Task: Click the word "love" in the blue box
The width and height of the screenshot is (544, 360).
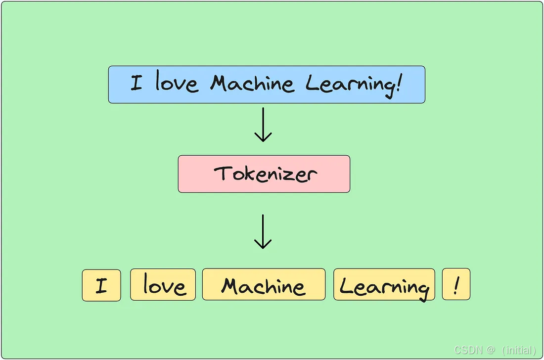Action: pyautogui.click(x=177, y=83)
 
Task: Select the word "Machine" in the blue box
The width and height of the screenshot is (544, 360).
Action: pyautogui.click(x=252, y=83)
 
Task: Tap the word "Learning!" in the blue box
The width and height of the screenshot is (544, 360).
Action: pyautogui.click(x=353, y=83)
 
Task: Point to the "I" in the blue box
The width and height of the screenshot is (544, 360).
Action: pyautogui.click(x=136, y=83)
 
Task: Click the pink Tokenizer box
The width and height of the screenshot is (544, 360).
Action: pyautogui.click(x=264, y=174)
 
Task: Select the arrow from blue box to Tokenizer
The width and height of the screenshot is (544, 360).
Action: pyautogui.click(x=263, y=125)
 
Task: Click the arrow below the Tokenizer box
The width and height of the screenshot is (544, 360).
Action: pyautogui.click(x=263, y=231)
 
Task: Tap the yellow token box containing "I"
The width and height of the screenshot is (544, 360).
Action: pyautogui.click(x=101, y=285)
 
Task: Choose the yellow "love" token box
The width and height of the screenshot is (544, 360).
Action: pyautogui.click(x=163, y=285)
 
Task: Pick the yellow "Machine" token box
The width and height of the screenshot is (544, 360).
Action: pyautogui.click(x=264, y=285)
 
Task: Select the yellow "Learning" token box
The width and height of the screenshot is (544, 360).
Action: pyautogui.click(x=384, y=285)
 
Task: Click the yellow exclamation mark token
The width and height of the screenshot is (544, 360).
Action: pyautogui.click(x=456, y=284)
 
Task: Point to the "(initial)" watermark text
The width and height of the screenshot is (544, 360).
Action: pyautogui.click(x=519, y=350)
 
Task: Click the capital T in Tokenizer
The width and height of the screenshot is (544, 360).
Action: pyautogui.click(x=223, y=173)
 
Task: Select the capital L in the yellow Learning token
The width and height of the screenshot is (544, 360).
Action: pyautogui.click(x=347, y=286)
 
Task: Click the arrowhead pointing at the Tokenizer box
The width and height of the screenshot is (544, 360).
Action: pyautogui.click(x=263, y=138)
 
